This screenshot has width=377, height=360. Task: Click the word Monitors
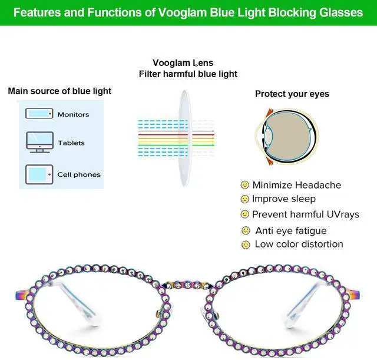(x=73, y=114)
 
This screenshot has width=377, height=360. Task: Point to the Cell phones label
(x=79, y=174)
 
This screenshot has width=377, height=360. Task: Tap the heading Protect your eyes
(x=292, y=94)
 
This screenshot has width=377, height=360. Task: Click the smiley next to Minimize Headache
(x=245, y=185)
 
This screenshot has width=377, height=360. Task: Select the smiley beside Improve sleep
(x=245, y=199)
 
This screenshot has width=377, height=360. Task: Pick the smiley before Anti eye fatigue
(x=246, y=230)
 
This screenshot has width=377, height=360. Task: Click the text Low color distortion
(x=299, y=244)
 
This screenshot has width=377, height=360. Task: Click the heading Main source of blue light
(x=59, y=91)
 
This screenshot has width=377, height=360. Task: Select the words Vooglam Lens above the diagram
(x=183, y=63)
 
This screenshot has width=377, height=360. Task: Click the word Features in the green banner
(x=37, y=12)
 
